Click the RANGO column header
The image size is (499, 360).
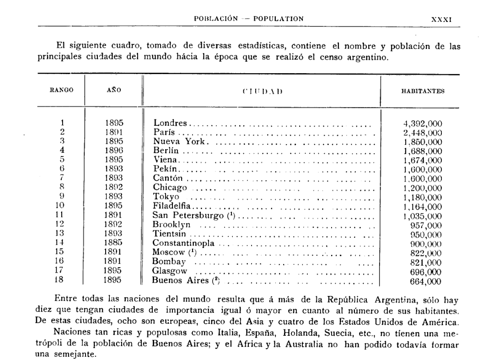point(62,91)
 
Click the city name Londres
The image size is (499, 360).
point(170,123)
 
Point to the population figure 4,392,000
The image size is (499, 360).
point(423,123)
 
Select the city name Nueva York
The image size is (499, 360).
point(181,141)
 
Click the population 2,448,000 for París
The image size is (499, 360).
point(423,132)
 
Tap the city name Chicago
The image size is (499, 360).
point(170,188)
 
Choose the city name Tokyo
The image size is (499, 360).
point(166,197)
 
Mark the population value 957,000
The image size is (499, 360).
point(427,225)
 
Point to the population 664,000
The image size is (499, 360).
point(427,281)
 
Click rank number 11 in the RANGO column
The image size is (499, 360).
point(62,215)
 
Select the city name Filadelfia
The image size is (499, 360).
point(172,206)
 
